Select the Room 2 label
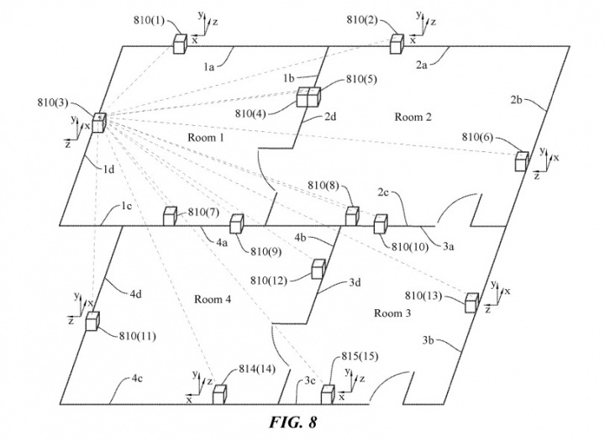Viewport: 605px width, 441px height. pos(413,117)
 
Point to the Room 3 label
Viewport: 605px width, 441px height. pos(392,313)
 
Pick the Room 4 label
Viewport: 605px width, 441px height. pos(213,299)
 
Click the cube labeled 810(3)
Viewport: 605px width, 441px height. pos(99,123)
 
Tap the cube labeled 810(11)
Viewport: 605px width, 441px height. pos(92,322)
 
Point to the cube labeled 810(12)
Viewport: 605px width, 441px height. pos(318,268)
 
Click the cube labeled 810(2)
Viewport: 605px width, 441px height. pos(396,44)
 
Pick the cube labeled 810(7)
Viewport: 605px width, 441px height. pos(169,217)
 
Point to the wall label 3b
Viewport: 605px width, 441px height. pos(431,339)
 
